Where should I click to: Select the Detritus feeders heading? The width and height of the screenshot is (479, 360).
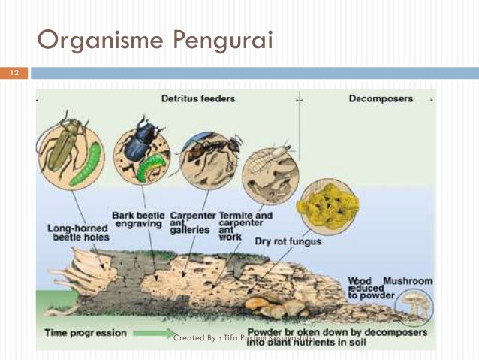click(x=198, y=98)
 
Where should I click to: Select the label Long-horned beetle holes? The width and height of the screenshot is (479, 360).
click(x=78, y=232)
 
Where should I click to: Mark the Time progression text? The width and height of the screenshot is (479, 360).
click(x=85, y=333)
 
